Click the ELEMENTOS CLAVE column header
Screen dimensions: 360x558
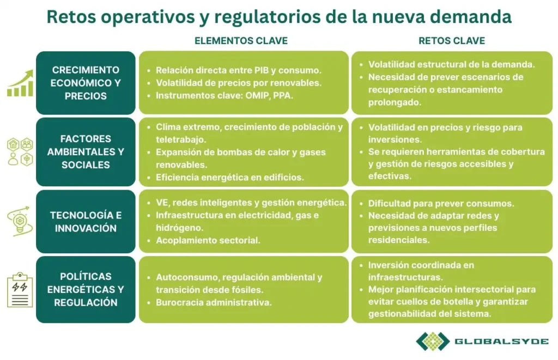coord(241,41)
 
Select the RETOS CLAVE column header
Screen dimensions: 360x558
coord(451,41)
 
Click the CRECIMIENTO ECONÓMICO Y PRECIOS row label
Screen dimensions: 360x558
coord(86,83)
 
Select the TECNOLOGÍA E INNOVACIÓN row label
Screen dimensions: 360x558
coord(86,222)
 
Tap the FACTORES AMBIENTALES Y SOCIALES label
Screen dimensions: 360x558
coord(86,152)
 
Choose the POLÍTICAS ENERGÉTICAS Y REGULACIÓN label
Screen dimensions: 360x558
coord(86,289)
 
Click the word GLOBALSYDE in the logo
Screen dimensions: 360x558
coord(501,341)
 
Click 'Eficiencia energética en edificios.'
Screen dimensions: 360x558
coord(229,177)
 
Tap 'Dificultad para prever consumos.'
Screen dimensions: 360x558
coord(441,204)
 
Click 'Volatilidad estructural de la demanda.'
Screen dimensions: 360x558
coord(451,64)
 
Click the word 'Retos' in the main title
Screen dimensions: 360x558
coord(66,16)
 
